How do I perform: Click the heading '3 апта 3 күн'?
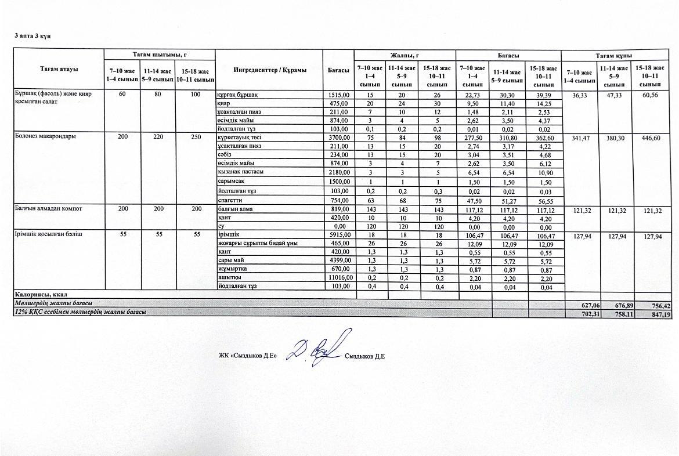coord(32,36)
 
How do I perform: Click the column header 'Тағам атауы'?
coord(59,69)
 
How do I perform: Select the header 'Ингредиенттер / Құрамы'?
coord(269,70)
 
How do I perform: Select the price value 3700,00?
coord(339,137)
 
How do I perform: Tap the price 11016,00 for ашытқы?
coord(338,278)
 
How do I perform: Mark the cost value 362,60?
coord(544,138)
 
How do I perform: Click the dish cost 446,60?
coord(648,138)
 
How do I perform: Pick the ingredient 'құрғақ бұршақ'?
coord(237,95)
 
